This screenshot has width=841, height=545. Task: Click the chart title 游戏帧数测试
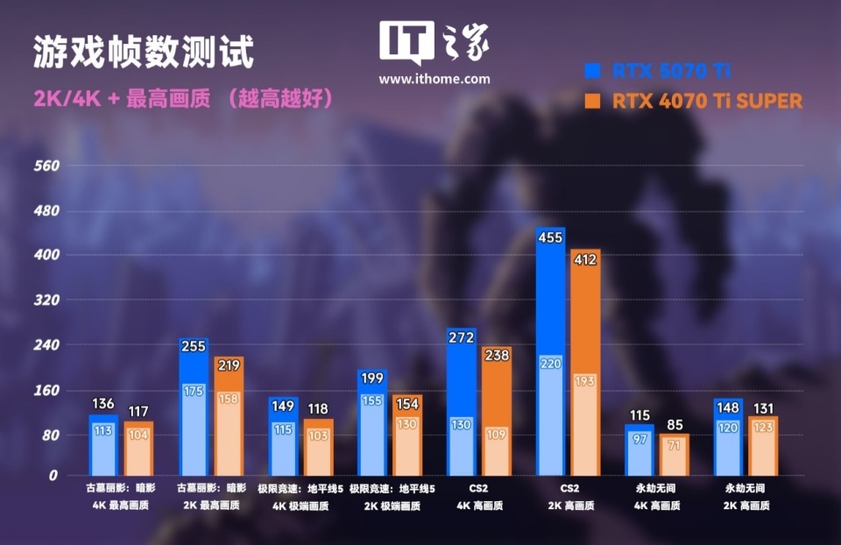click(144, 53)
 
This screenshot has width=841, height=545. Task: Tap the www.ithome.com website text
click(434, 79)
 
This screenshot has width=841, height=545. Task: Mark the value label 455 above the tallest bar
click(550, 238)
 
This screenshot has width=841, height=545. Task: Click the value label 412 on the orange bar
click(585, 259)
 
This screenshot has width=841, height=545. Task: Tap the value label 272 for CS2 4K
click(461, 337)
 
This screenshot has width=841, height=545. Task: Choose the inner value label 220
click(550, 363)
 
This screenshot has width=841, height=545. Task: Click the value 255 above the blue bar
click(193, 346)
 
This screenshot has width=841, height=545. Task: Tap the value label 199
click(371, 378)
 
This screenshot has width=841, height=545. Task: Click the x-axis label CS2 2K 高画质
click(568, 496)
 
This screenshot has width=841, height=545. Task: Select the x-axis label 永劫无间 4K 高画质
click(657, 496)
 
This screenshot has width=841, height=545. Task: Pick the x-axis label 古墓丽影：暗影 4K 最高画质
click(121, 496)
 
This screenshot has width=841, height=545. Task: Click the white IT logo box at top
click(406, 42)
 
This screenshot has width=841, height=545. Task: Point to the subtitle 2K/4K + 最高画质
click(122, 98)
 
